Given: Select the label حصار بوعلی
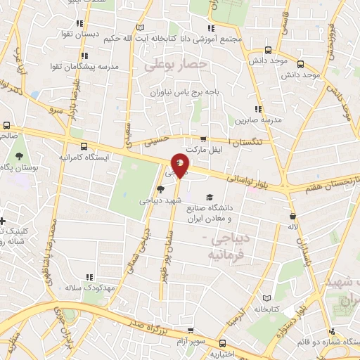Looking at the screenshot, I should click(176, 65).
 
